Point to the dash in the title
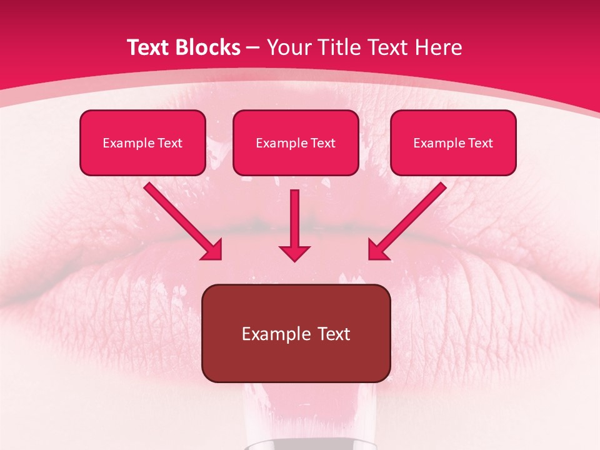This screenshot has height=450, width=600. (253, 47)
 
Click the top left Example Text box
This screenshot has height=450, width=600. (142, 142)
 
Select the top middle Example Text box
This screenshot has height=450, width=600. (296, 142)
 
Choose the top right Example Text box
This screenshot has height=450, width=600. (453, 142)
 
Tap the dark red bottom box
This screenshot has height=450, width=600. (296, 333)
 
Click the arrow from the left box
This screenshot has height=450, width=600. (181, 220)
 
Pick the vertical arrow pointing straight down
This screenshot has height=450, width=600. (295, 222)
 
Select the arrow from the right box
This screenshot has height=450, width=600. (409, 220)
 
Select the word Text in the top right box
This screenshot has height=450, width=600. (480, 143)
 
